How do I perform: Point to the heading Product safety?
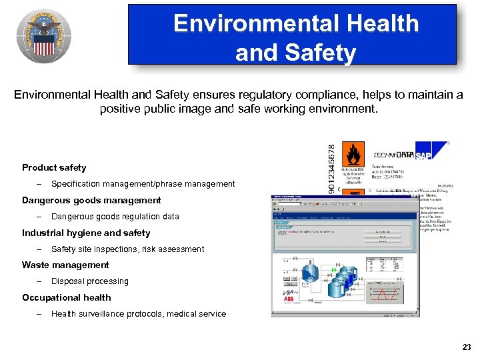54,167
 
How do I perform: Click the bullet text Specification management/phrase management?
143,183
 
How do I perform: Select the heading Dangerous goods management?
91,200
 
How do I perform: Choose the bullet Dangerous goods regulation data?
115,216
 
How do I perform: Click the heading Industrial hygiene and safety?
86,233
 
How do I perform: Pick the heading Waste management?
65,265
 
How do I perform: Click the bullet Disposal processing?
89,281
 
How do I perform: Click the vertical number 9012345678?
333,167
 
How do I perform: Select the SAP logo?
424,155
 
